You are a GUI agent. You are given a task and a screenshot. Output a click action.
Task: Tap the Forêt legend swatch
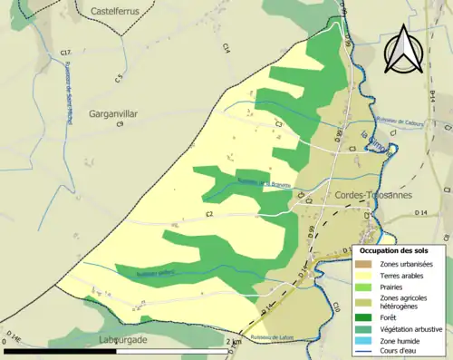(362, 316)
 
